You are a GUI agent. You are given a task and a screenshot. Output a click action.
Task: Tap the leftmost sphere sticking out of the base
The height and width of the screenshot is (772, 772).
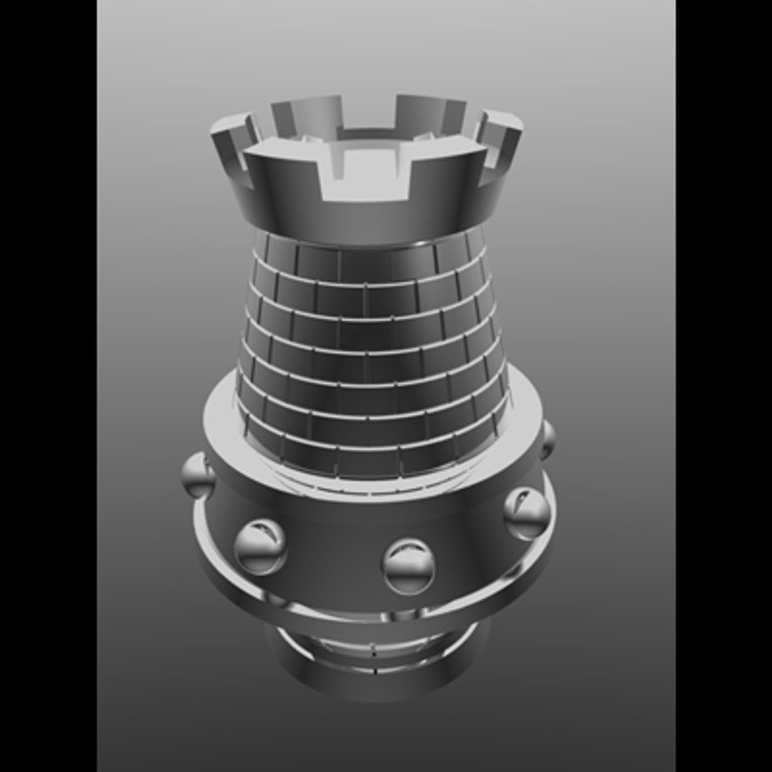tap(197, 475)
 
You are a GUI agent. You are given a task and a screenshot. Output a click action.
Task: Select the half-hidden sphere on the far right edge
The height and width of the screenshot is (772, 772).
tap(547, 440)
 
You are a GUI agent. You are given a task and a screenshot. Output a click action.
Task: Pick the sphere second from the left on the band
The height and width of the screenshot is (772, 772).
tap(260, 546)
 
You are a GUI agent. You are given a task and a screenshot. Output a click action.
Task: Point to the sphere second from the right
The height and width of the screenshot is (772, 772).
tap(527, 513)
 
